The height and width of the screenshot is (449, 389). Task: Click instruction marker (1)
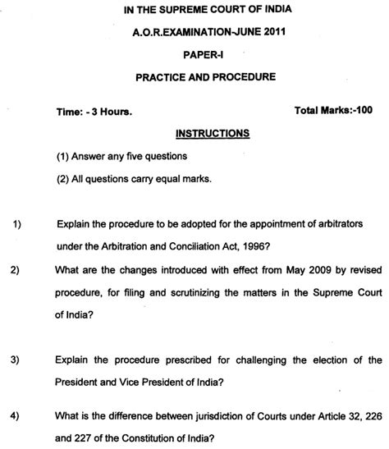coord(63,156)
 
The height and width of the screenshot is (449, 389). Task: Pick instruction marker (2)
coord(63,180)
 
